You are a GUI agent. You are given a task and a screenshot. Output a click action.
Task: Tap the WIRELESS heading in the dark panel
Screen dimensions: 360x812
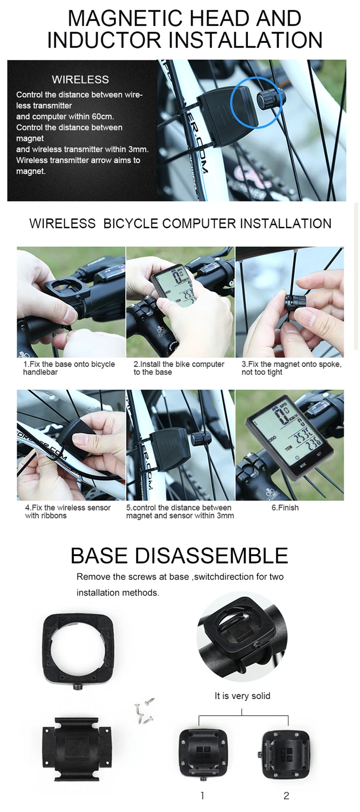(80, 80)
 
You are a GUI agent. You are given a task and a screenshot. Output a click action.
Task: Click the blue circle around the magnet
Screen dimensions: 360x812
(256, 102)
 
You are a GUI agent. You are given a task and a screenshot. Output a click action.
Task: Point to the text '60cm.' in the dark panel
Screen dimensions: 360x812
(103, 117)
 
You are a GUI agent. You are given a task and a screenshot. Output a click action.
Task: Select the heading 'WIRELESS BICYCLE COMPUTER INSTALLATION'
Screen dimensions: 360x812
(180, 224)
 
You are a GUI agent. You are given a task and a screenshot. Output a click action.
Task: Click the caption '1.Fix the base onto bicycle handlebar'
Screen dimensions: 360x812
(69, 368)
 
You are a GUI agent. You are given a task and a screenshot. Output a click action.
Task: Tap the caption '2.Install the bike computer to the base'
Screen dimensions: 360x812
(179, 368)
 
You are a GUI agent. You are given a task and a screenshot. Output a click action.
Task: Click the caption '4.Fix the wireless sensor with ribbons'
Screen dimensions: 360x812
(67, 511)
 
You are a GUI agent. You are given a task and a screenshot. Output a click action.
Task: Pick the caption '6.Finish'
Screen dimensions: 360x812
(285, 507)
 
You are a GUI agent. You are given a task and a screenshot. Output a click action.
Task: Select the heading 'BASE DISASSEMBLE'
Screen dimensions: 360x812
(179, 556)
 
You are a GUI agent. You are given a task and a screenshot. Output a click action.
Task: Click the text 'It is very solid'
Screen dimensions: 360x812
(243, 696)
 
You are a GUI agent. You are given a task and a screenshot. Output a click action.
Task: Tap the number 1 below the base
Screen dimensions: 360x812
(202, 795)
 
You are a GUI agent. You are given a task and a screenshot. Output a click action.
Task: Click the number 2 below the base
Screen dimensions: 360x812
(286, 795)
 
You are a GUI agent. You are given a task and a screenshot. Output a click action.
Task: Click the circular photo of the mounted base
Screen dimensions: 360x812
(242, 636)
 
